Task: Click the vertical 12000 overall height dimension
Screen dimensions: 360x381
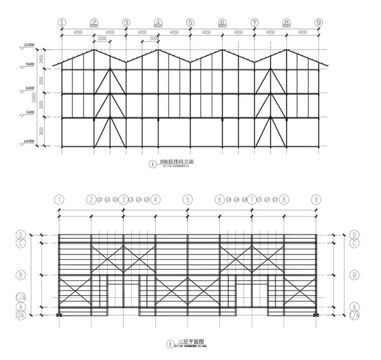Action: (34, 98)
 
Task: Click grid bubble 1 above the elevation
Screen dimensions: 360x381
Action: (62, 23)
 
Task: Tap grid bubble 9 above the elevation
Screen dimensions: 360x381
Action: (319, 23)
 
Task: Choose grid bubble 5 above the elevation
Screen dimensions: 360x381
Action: (190, 23)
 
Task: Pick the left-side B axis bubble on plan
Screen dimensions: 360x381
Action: (21, 275)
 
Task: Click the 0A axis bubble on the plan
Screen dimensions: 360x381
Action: (21, 315)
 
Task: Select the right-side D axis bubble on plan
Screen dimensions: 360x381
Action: (354, 235)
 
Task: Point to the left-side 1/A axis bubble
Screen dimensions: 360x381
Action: (21, 297)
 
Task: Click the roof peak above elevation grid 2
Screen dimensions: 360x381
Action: (94, 50)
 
